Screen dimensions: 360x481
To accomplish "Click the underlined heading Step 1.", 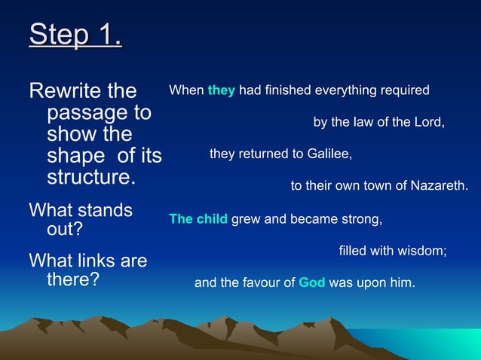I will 75,35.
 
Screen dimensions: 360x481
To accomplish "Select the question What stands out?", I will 80,220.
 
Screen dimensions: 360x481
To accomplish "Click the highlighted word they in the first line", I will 221,90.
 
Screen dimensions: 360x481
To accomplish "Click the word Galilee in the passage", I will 328,154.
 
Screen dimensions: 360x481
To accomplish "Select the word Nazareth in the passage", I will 440,185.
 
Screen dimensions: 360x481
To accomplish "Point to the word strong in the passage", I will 363,220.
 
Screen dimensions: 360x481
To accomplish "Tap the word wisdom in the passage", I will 420,251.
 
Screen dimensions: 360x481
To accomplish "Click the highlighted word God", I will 311,283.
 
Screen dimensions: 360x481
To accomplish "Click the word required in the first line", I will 405,90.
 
